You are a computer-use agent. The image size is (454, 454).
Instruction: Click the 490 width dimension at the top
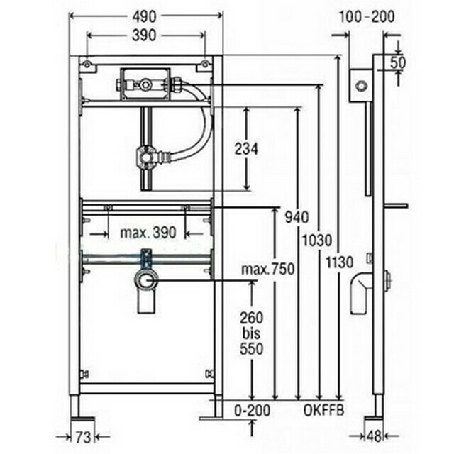144,16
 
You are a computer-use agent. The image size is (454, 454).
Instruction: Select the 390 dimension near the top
144,35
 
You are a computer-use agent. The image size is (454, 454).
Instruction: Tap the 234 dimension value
246,150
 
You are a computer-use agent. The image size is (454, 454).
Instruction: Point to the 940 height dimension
297,217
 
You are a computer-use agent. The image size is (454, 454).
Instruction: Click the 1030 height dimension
317,240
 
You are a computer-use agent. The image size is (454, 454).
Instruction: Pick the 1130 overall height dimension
339,263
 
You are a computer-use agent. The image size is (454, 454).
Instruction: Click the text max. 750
268,270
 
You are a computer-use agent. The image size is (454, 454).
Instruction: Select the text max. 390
148,233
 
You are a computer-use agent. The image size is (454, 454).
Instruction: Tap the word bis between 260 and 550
251,333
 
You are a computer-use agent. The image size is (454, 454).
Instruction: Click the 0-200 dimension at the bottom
252,410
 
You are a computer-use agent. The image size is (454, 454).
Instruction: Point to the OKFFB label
323,410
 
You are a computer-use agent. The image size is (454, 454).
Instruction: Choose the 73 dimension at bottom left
83,437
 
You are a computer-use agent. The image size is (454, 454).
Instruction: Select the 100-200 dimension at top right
366,17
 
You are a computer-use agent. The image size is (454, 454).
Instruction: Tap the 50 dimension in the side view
398,63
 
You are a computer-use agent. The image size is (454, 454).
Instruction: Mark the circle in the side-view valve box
361,86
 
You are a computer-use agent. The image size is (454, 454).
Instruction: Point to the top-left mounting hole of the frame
87,64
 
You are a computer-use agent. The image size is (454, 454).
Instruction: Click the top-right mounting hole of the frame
205,64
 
